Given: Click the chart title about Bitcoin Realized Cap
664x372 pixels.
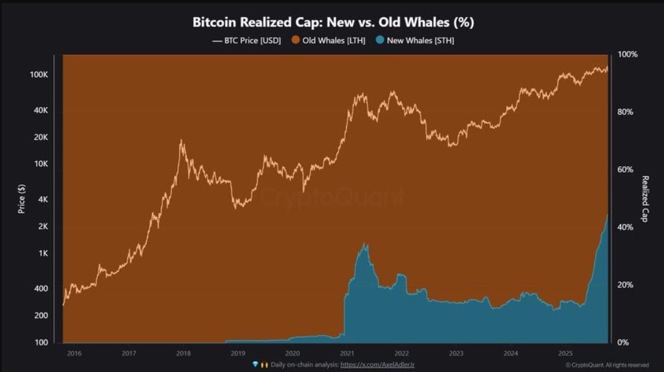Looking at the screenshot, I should click(333, 22).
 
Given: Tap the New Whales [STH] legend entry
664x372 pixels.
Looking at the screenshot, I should click(415, 41).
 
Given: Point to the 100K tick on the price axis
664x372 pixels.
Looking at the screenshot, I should click(39, 74).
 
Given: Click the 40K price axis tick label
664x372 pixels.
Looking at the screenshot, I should click(41, 110).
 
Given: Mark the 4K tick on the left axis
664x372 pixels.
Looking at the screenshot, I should click(42, 200).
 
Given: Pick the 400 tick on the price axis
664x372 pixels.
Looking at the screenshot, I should click(41, 288).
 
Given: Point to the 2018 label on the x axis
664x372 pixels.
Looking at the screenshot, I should click(183, 354).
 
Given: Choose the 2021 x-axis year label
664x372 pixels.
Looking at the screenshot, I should click(347, 354).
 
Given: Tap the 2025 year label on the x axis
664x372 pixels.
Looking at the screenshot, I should click(565, 354).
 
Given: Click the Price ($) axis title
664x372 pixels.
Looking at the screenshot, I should click(22, 200).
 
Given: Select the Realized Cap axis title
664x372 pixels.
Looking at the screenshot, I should click(645, 199).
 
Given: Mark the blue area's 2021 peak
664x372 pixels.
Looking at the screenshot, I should click(365, 244).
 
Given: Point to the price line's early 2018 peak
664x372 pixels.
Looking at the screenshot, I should click(181, 141).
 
